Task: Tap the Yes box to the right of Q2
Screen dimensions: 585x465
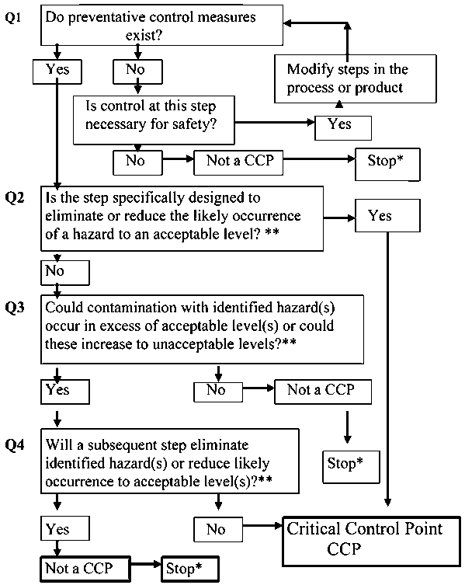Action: [380, 215]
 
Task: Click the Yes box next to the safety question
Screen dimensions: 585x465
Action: [342, 125]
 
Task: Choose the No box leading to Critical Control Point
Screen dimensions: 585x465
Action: [217, 529]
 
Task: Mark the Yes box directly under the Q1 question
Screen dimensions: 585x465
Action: [59, 71]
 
